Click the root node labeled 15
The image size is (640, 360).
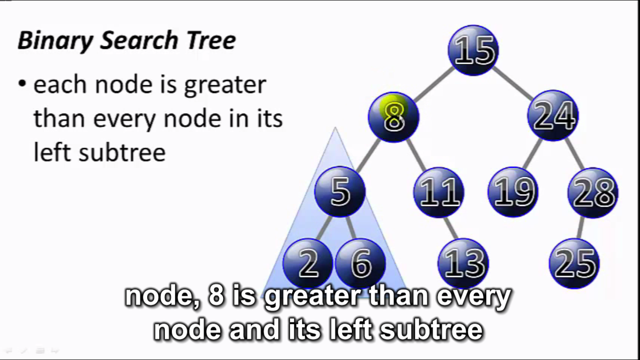pos(473,50)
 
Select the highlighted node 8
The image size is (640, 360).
pos(394,117)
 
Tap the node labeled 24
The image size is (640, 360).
pos(553,115)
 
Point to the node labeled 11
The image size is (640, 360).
pos(439,192)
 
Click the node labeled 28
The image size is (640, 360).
pos(593,192)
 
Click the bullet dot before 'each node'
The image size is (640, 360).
pos(22,84)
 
